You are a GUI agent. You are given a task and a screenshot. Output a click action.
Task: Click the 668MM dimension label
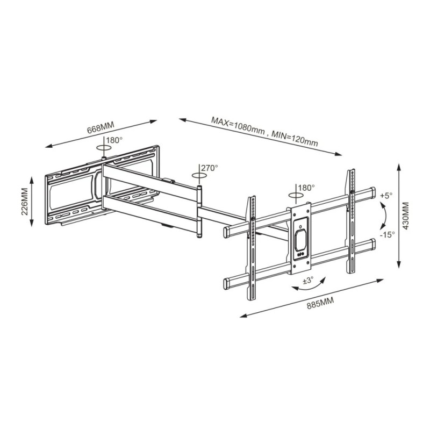pos(101,127)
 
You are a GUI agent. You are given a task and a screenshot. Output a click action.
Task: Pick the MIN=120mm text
pos(295,139)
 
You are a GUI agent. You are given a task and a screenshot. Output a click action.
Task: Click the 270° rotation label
pos(210,168)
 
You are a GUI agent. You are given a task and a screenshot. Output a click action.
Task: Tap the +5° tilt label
pos(386,196)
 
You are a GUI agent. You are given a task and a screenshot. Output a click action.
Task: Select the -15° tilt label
pos(387,234)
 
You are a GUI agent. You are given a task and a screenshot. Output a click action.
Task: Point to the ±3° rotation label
pos(307,281)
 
